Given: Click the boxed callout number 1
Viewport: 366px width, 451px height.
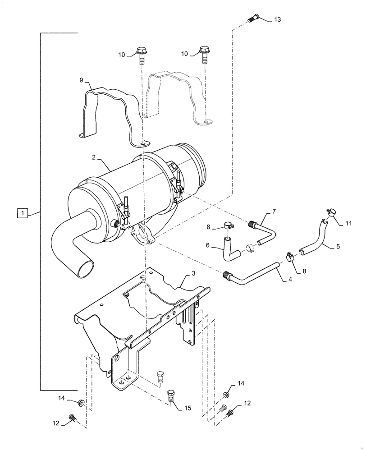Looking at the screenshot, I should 23,212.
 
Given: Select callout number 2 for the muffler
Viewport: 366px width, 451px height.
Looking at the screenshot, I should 93,158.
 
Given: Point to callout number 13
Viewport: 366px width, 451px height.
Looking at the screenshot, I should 277,19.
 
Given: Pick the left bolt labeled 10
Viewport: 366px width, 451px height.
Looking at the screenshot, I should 141,54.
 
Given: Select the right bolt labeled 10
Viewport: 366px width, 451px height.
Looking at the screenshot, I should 205,54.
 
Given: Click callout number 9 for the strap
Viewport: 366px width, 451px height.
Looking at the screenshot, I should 81,80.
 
